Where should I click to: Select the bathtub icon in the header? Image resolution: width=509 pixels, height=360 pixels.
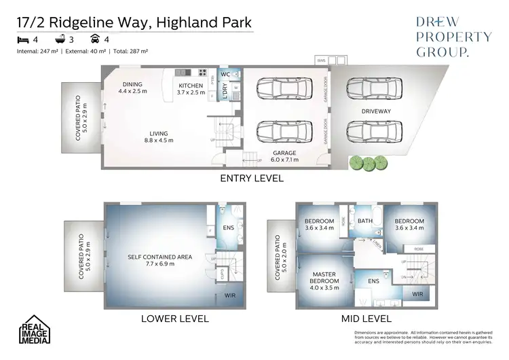pos(60,40)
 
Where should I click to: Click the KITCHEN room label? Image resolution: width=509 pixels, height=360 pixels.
pos(191,86)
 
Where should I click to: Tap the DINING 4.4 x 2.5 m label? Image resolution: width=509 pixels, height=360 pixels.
pos(132,87)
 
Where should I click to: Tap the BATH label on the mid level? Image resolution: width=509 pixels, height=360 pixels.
pos(365,221)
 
